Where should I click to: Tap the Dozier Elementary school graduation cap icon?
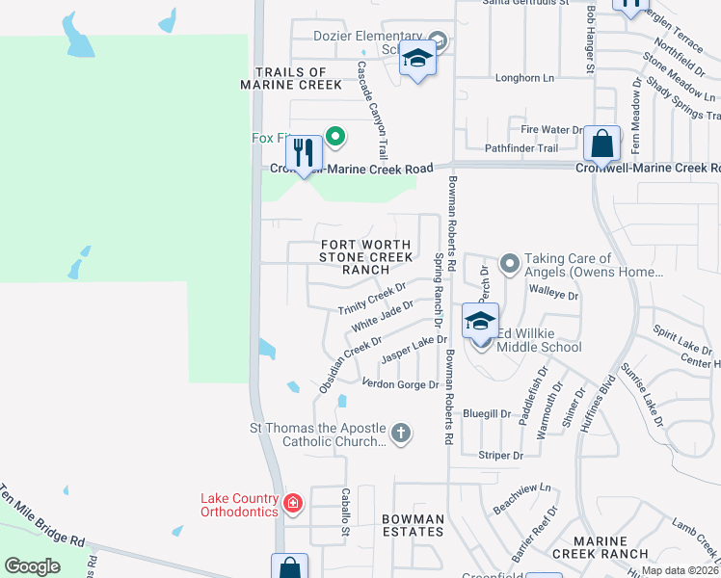[x=417, y=61]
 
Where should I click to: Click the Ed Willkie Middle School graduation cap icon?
[x=480, y=321]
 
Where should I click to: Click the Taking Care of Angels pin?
[x=509, y=263]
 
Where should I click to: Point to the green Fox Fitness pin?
[x=335, y=137]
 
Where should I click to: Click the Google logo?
[x=32, y=566]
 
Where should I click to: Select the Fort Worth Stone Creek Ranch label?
[x=366, y=257]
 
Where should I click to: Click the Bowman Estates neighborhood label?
[x=413, y=525]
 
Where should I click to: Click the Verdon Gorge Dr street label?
[x=399, y=383]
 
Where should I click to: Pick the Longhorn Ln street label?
[x=524, y=78]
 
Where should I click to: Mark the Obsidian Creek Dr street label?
[x=350, y=365]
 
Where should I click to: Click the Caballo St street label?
[x=345, y=505]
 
